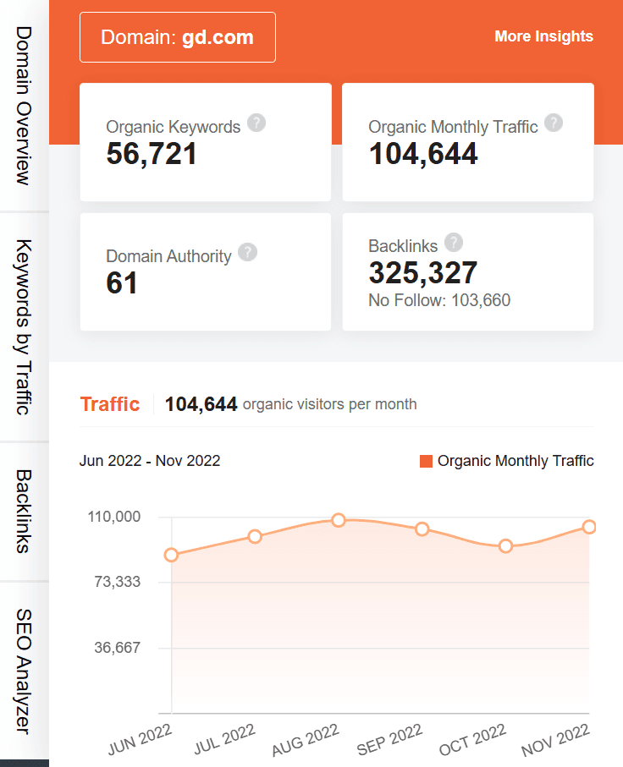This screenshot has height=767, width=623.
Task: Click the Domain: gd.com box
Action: [x=177, y=37]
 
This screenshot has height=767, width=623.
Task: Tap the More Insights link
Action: [x=543, y=36]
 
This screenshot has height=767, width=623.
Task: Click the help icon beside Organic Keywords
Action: [x=256, y=123]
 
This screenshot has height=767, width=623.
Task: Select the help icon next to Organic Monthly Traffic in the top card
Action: [x=554, y=123]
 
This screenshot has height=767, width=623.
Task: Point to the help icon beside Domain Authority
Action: [x=247, y=252]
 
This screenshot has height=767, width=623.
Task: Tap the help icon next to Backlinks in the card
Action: [x=454, y=243]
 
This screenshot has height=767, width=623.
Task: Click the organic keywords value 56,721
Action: [x=152, y=154]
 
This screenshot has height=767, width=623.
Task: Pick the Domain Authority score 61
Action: [x=122, y=283]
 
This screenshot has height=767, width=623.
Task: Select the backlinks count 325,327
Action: [x=422, y=272]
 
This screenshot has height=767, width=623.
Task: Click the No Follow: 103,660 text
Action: [x=439, y=300]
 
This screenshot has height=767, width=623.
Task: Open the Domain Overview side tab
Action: [x=24, y=105]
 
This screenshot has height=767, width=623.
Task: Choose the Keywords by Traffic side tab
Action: [x=24, y=327]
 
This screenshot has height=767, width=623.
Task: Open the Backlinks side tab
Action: [x=24, y=512]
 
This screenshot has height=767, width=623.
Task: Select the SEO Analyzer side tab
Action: [x=24, y=671]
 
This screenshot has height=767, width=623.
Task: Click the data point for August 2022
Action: [x=339, y=520]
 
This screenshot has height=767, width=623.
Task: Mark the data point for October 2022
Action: [x=505, y=546]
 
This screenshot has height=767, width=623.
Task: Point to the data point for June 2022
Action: [x=172, y=556]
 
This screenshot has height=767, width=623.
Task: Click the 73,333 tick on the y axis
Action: [x=117, y=583]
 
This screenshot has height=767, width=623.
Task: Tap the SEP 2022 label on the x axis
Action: [x=389, y=740]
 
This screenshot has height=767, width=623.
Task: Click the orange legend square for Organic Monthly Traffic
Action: [x=426, y=461]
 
